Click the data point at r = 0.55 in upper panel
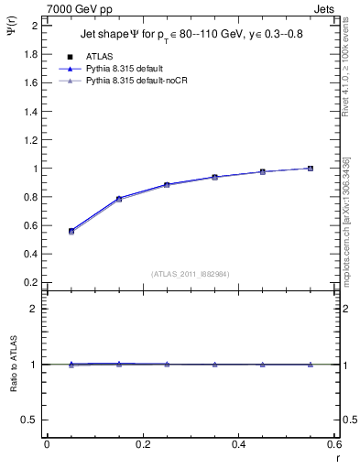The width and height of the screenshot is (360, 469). tap(311, 169)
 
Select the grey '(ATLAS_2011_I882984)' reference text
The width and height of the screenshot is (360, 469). tap(191, 273)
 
